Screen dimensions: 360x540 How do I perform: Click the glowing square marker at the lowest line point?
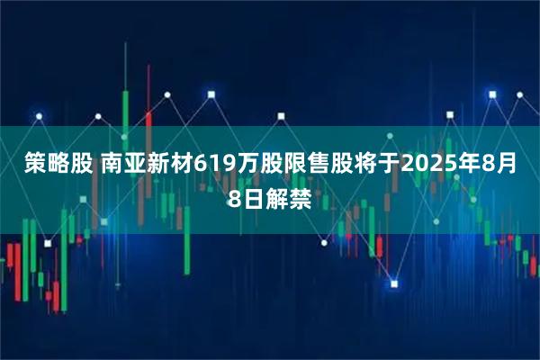393,284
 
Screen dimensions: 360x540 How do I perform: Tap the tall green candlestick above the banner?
125,107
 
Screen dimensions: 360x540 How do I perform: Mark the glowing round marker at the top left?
39,116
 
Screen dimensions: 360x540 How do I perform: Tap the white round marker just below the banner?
322,241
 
